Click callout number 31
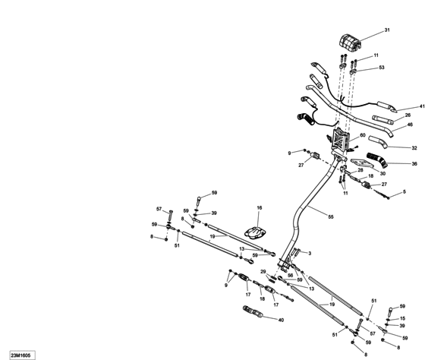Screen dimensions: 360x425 (386, 30)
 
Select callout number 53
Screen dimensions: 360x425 (381, 68)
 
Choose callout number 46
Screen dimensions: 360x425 (410, 125)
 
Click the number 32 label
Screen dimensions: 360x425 (414, 148)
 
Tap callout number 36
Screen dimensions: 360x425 (414, 163)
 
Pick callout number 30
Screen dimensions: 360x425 (361, 174)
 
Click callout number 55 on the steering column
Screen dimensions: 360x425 (330, 216)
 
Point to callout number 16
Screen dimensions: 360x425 (258, 208)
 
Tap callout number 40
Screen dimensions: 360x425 (282, 320)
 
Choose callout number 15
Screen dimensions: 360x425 (402, 319)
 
